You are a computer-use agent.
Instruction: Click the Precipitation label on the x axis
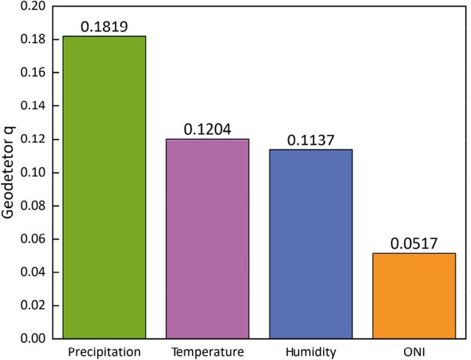(x=104, y=350)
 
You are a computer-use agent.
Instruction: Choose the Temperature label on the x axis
(x=207, y=350)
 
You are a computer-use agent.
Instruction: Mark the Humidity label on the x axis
(x=310, y=350)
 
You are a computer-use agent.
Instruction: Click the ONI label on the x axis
(x=414, y=350)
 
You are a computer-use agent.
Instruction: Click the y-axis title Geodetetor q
(x=10, y=173)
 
